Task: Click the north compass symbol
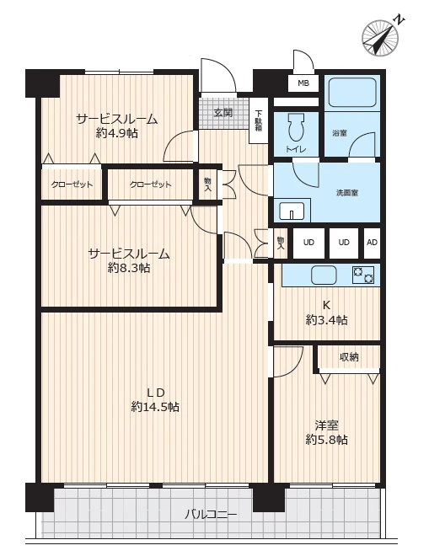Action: click(380, 37)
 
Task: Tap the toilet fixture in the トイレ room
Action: click(297, 127)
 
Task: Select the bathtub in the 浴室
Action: click(352, 92)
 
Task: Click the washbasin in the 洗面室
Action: click(292, 211)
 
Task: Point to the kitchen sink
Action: click(324, 275)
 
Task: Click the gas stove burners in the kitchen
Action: click(363, 275)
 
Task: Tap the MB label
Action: click(303, 83)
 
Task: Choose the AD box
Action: click(372, 243)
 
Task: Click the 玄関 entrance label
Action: click(223, 113)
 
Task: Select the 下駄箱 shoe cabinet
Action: click(258, 121)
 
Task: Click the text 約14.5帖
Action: click(155, 407)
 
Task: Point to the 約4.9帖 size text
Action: click(117, 133)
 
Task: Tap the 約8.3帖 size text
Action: click(129, 268)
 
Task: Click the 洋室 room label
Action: click(326, 425)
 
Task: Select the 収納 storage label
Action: click(349, 357)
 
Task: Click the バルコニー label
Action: click(211, 514)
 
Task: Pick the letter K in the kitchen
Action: click(326, 305)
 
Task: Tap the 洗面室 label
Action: click(347, 193)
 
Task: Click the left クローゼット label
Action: click(72, 184)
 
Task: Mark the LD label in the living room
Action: click(156, 393)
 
